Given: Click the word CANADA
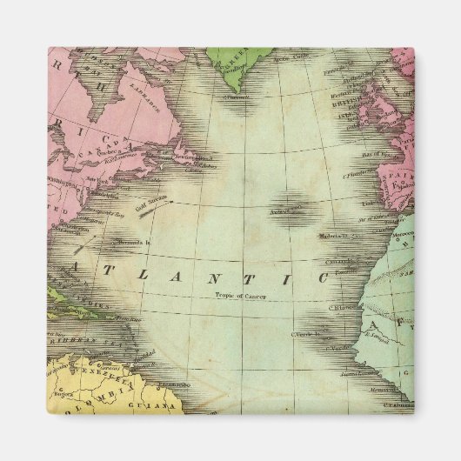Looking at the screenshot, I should click(x=103, y=149).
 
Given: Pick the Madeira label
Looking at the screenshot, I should click(x=330, y=235).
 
